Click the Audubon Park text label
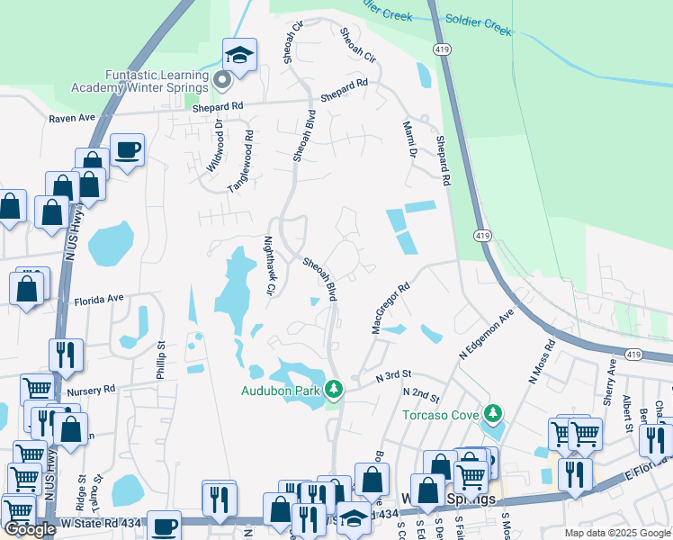click(x=281, y=391)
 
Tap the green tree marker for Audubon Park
click(x=334, y=389)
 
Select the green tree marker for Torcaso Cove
click(x=491, y=414)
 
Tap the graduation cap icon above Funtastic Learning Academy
click(x=240, y=55)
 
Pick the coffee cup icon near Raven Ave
click(x=127, y=149)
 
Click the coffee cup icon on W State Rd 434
click(x=163, y=526)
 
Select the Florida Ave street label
click(x=98, y=300)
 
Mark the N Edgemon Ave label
click(x=486, y=335)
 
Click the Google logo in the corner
click(x=30, y=530)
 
